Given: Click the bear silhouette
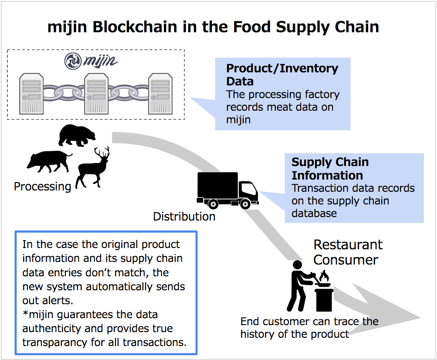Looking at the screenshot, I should pos(77,135).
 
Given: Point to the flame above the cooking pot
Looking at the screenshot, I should pos(324,275).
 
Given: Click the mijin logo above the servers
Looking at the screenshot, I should pos(91,61).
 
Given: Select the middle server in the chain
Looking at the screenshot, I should pos(96,92).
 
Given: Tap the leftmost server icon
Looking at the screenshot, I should pos(31,92).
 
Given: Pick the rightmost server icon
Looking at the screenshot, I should pos(161,92).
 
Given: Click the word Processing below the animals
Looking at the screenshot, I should pos(42,187).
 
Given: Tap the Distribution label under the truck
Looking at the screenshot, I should pos(184,216).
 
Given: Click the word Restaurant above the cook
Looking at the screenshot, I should pos(348,245).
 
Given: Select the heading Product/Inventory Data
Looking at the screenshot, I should pos(282,75).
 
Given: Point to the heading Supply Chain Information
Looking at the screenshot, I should pos(330,169).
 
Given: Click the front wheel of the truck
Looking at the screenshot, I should pos(245,203).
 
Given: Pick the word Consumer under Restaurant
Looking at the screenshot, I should pos(346,260).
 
